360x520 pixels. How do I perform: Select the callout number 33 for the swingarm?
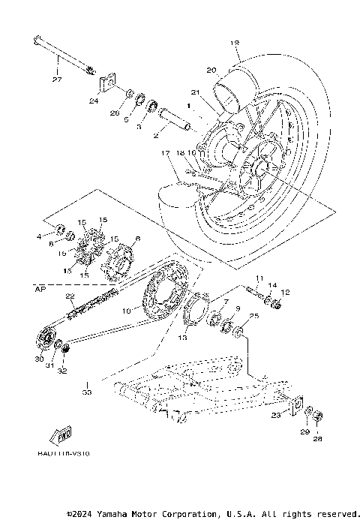point(86,392)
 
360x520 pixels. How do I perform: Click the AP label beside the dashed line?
point(39,287)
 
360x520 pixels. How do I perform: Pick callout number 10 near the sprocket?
point(127,310)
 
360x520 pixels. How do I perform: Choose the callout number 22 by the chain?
point(70,296)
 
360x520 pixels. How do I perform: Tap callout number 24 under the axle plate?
point(94,100)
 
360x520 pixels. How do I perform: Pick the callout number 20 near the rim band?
point(211,70)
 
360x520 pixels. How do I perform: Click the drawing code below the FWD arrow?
point(58,454)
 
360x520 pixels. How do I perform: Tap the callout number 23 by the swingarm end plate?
point(276,414)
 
